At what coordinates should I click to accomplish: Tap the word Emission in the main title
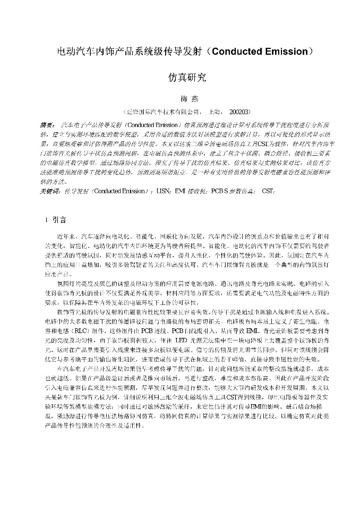click(285, 52)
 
